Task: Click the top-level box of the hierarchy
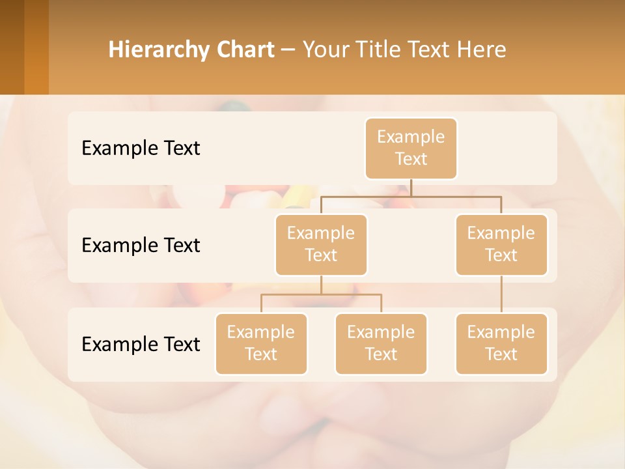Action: pyautogui.click(x=411, y=148)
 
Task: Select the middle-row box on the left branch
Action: pyautogui.click(x=321, y=244)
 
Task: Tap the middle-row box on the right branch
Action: pyautogui.click(x=501, y=244)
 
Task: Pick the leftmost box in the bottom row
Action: pyautogui.click(x=261, y=343)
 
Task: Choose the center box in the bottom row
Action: pyautogui.click(x=381, y=343)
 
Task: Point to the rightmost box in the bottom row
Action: pyautogui.click(x=501, y=343)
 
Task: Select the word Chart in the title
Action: pyautogui.click(x=246, y=50)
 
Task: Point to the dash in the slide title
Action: pyautogui.click(x=288, y=50)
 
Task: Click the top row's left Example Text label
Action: pyautogui.click(x=141, y=148)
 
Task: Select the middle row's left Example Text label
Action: pyautogui.click(x=141, y=245)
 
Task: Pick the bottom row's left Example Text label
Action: pyautogui.click(x=141, y=344)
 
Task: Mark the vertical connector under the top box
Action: pyautogui.click(x=411, y=188)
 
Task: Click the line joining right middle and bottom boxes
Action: pyautogui.click(x=501, y=294)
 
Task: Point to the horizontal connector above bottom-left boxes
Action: pyautogui.click(x=321, y=294)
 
